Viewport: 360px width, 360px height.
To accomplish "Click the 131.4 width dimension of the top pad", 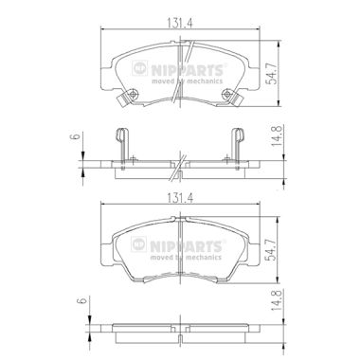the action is tap(180, 23).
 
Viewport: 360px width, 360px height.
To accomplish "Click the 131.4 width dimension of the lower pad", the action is tap(180, 198).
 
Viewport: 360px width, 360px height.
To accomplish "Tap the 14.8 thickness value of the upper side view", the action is tap(277, 135).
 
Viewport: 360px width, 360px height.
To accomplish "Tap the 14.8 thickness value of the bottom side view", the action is tap(277, 300).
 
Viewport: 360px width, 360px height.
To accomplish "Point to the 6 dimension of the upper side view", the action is tap(75, 136).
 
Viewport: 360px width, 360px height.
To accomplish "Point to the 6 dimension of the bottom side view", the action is tap(82, 300).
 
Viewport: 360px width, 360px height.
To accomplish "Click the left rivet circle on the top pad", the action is tap(134, 94).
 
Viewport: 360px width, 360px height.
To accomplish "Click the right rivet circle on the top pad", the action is tap(226, 94).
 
